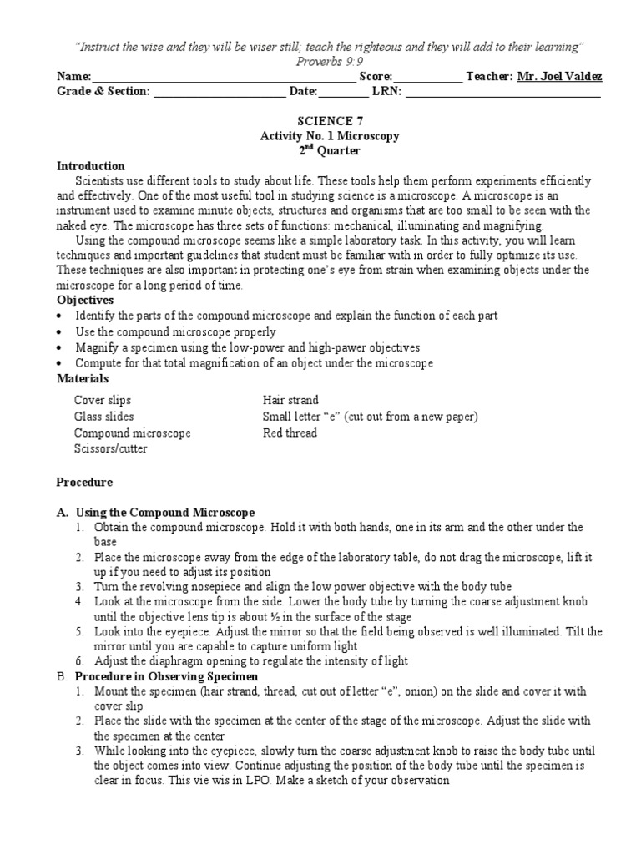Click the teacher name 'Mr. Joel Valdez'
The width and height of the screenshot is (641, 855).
click(559, 77)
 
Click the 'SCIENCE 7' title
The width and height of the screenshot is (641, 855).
click(320, 121)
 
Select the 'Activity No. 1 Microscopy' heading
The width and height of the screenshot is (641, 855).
click(330, 136)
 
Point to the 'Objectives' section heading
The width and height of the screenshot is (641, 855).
click(84, 300)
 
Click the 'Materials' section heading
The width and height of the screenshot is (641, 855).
click(83, 379)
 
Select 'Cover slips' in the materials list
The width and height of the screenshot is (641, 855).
click(103, 401)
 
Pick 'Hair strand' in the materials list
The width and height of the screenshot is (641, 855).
click(290, 401)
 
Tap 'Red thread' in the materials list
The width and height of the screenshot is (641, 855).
click(290, 433)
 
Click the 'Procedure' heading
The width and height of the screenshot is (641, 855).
click(84, 483)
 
